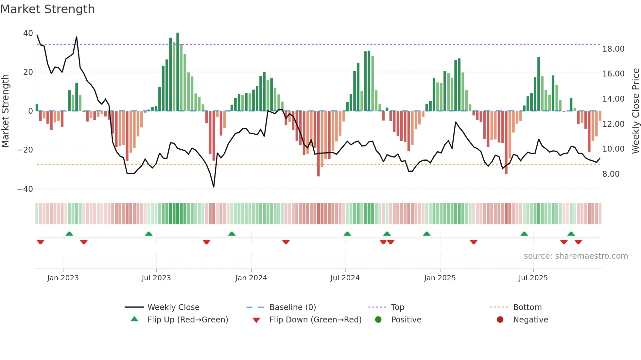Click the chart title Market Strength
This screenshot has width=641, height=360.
tap(47, 9)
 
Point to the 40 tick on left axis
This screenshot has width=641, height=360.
tap(28, 33)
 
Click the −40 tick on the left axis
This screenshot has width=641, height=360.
tap(25, 189)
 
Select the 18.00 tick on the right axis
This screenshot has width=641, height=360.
tap(613, 49)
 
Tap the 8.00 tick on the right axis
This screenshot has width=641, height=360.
tap(611, 174)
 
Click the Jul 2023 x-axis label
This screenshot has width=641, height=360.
tap(156, 278)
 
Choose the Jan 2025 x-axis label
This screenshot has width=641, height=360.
tap(440, 278)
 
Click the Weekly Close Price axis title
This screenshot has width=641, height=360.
tap(635, 111)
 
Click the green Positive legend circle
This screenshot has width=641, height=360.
tap(378, 320)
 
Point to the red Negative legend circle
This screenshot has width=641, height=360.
tap(500, 320)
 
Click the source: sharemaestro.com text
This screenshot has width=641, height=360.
tap(576, 256)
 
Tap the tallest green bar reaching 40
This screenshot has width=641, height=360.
tap(178, 72)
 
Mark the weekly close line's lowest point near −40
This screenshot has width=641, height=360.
tap(214, 187)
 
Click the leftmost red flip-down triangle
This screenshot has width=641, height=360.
tap(41, 242)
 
